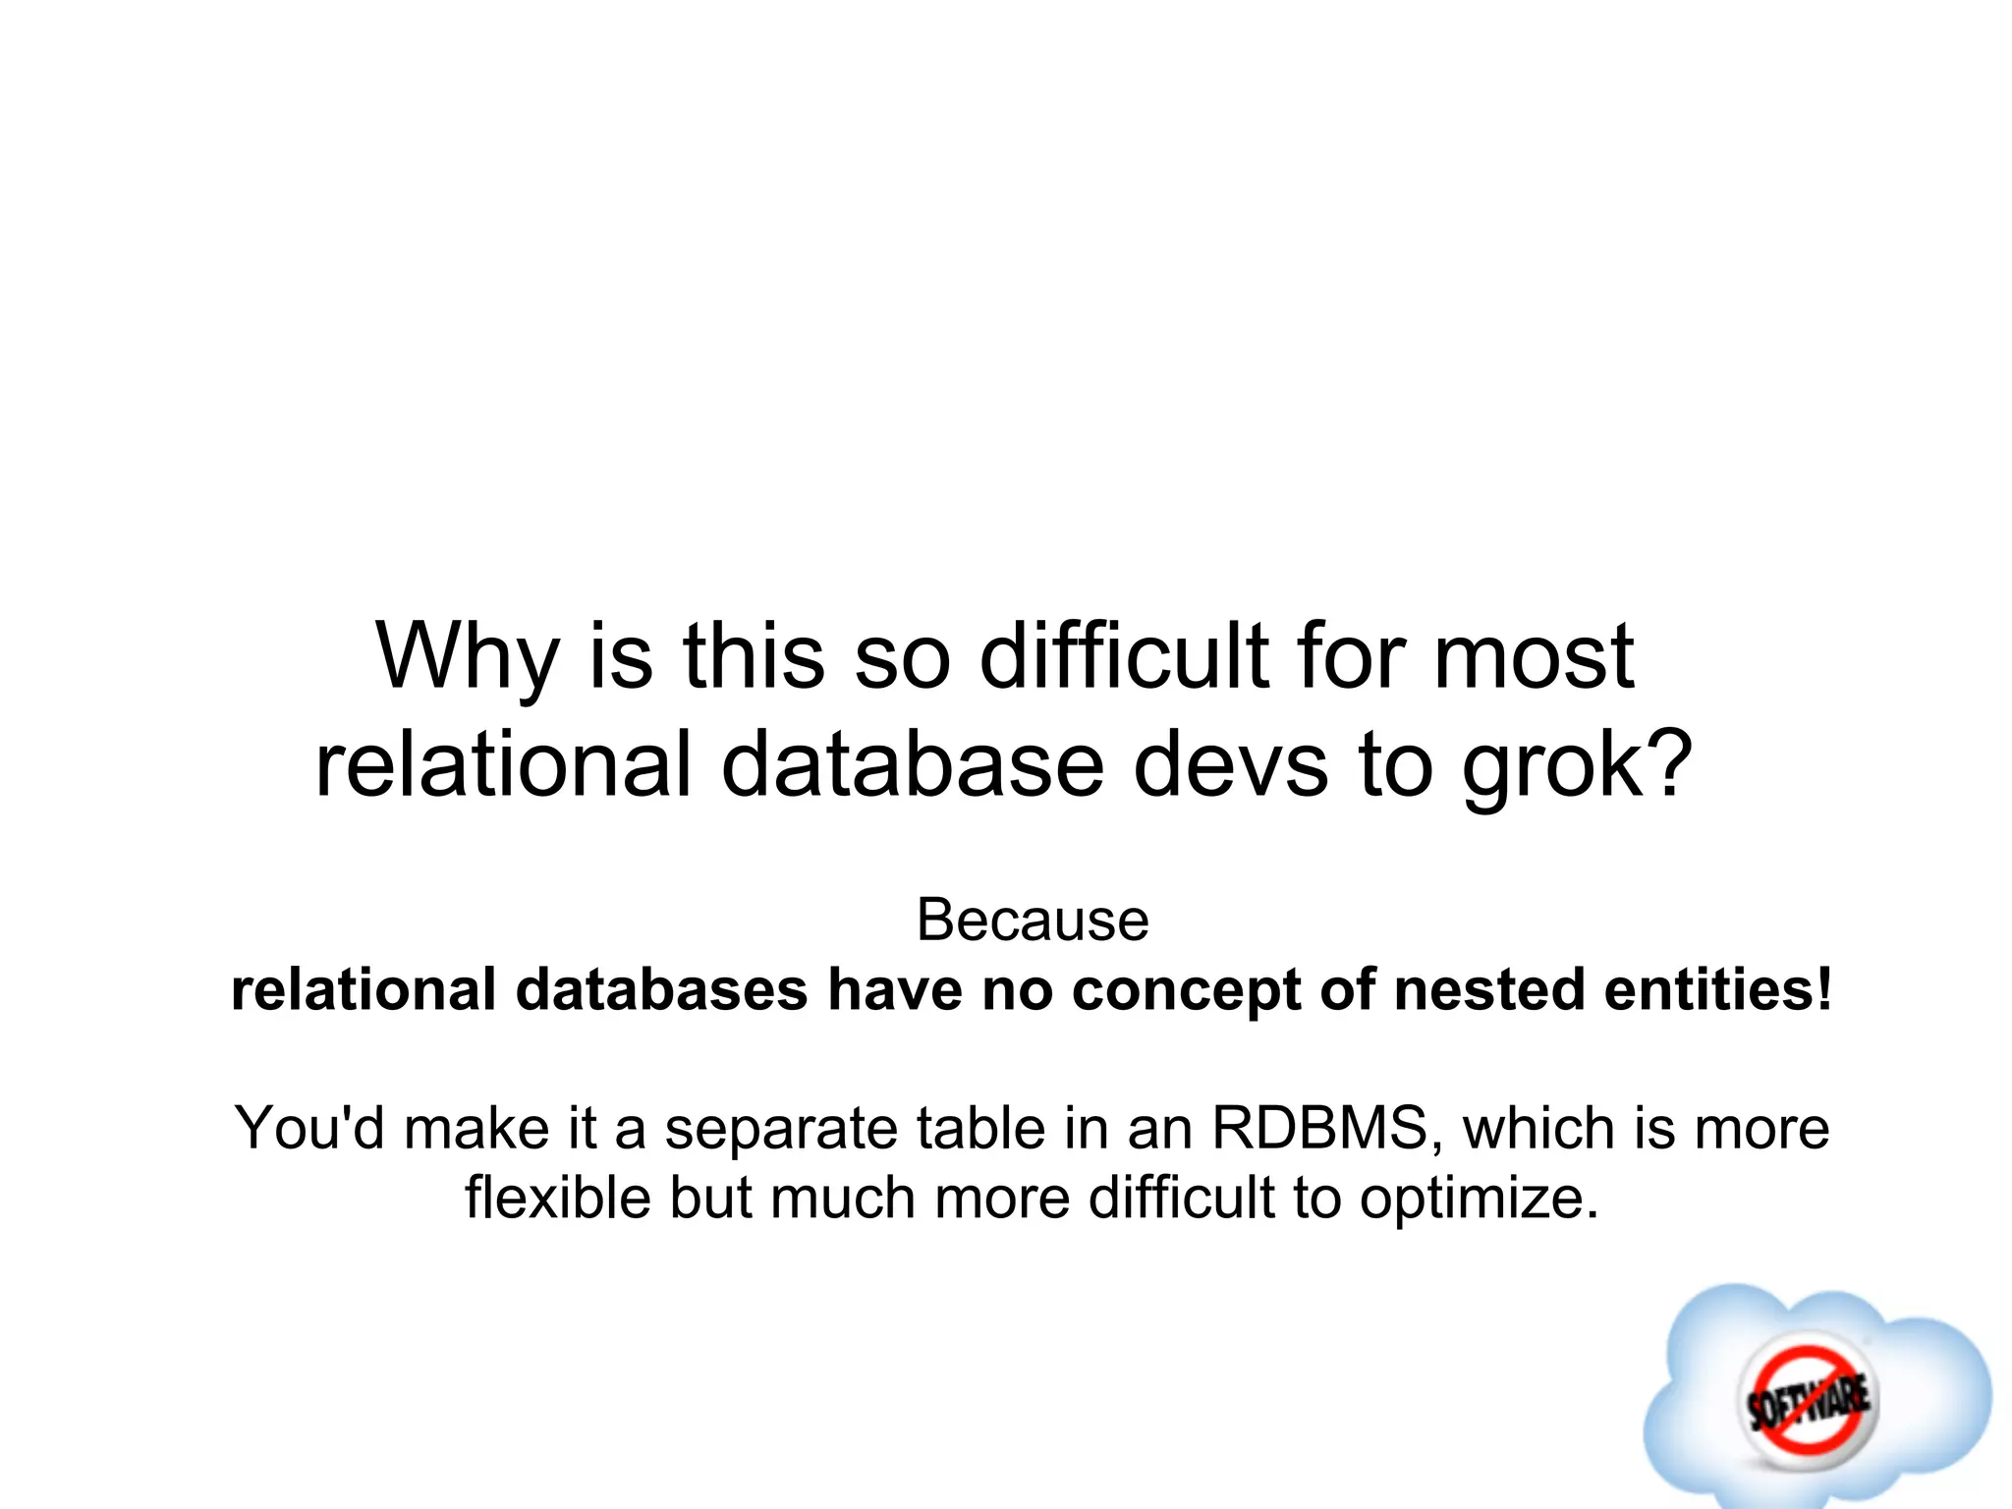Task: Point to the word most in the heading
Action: [1534, 656]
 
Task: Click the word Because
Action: [1032, 922]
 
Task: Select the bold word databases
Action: [661, 990]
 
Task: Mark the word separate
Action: [781, 1130]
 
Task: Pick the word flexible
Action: [558, 1199]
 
